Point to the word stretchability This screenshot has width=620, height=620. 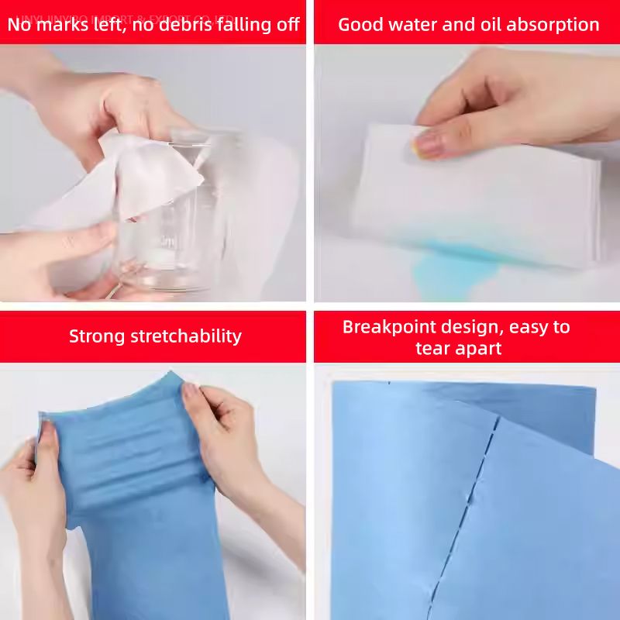coord(186,336)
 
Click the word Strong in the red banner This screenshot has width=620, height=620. coord(97,336)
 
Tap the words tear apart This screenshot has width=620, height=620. coord(458,348)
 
